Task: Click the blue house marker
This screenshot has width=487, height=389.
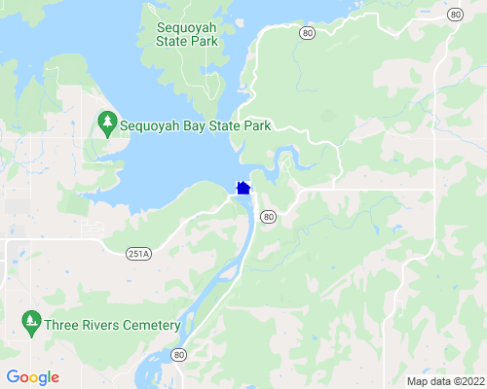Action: point(243,187)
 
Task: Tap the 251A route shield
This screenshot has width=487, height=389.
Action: point(138,254)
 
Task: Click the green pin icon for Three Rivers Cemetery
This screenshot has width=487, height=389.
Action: point(31,320)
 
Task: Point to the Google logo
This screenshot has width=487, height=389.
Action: point(32,377)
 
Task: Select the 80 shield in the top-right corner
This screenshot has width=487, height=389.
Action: point(456,14)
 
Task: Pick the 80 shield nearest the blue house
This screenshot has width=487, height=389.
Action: point(269,216)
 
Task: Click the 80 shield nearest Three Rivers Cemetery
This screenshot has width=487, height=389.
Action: point(178,355)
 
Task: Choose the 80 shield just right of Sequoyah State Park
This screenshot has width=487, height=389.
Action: point(308,32)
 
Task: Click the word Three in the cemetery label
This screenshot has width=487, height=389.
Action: point(61,326)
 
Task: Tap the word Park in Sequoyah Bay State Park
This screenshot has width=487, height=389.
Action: point(255,125)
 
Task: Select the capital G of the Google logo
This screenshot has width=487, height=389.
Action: point(13,377)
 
